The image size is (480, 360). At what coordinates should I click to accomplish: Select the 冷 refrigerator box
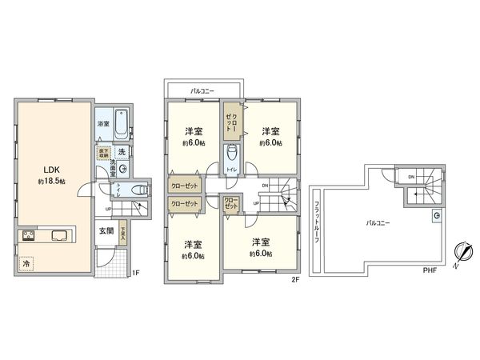tap(27, 262)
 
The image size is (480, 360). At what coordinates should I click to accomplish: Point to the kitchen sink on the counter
tap(59, 235)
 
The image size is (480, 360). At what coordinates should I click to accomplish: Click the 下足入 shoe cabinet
tap(123, 233)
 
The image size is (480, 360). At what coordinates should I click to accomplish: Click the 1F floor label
tap(135, 273)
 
